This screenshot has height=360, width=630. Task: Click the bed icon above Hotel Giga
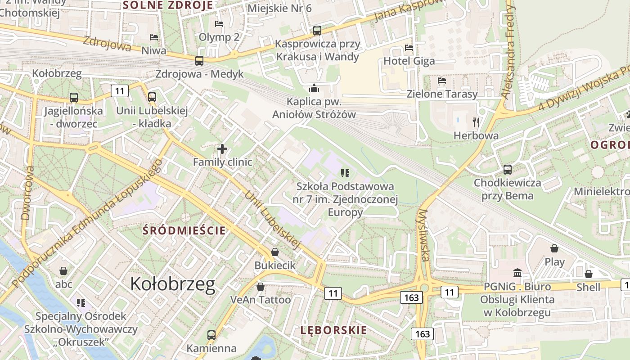click(x=409, y=47)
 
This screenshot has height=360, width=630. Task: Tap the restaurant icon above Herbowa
click(x=476, y=122)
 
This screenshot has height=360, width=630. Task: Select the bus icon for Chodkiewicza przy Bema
click(x=508, y=170)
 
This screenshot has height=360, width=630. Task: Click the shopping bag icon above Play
click(x=554, y=248)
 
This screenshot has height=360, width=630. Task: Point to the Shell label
click(x=588, y=287)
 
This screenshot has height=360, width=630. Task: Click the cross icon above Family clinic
click(x=222, y=148)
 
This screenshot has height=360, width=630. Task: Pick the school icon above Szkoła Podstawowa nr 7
click(x=345, y=173)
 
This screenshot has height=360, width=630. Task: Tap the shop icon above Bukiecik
click(x=275, y=252)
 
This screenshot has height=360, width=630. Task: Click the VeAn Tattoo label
click(x=261, y=300)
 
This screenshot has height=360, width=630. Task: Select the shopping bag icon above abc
click(x=63, y=271)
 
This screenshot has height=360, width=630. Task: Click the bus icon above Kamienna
click(x=211, y=335)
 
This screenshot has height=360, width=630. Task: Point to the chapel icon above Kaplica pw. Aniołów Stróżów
click(x=314, y=88)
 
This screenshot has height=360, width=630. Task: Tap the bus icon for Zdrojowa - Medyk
click(x=199, y=60)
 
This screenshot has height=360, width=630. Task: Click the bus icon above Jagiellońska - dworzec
click(x=73, y=97)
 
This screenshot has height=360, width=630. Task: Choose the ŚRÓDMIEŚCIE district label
click(x=184, y=231)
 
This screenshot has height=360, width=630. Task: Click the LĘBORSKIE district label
click(x=333, y=330)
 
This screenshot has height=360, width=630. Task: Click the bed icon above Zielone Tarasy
click(x=441, y=81)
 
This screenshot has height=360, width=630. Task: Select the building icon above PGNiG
click(x=517, y=273)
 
